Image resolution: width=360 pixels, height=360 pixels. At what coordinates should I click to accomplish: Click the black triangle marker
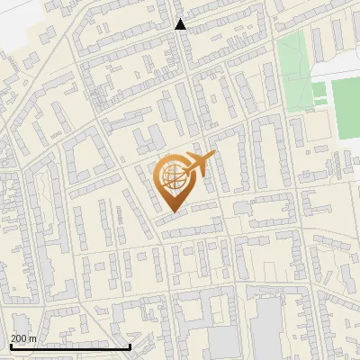180,24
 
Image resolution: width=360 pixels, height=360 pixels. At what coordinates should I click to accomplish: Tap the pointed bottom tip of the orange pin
171,211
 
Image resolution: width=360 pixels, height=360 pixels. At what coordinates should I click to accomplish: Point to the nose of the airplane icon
213,156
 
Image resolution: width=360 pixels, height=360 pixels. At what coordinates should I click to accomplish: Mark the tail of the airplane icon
184,171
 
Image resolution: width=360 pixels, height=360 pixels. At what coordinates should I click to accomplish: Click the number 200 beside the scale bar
18,338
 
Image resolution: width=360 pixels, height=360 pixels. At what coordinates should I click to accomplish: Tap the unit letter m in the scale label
32,338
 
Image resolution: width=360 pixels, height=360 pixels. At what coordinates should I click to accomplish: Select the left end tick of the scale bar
10,346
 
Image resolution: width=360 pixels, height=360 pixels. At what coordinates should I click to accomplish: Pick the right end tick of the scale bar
131,346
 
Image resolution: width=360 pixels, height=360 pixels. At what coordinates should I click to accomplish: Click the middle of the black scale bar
70,346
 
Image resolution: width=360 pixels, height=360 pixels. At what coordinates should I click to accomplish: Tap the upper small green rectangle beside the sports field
319,89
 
